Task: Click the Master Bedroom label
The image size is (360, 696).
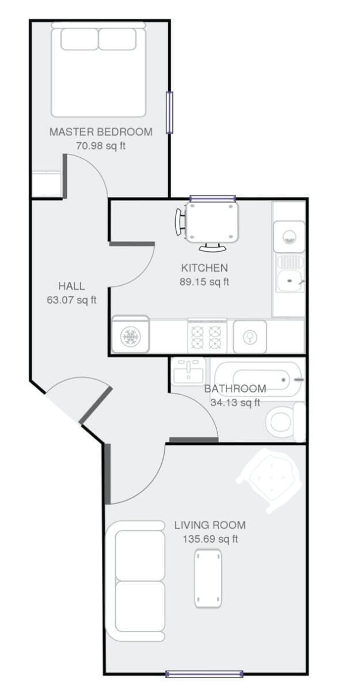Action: (101, 132)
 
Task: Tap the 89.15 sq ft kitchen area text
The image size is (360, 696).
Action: (204, 282)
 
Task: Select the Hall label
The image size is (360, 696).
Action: (71, 286)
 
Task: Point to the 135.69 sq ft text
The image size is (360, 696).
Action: (210, 539)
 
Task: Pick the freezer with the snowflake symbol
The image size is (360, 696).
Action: (131, 335)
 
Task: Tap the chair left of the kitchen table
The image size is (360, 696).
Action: (180, 222)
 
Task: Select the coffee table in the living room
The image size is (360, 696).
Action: (208, 578)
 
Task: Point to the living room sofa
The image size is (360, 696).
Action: (135, 581)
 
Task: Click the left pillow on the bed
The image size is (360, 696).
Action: (79, 39)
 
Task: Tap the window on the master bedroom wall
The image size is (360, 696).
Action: (169, 112)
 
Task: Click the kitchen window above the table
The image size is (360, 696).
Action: (213, 198)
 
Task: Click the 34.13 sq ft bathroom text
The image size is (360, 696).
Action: (235, 403)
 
